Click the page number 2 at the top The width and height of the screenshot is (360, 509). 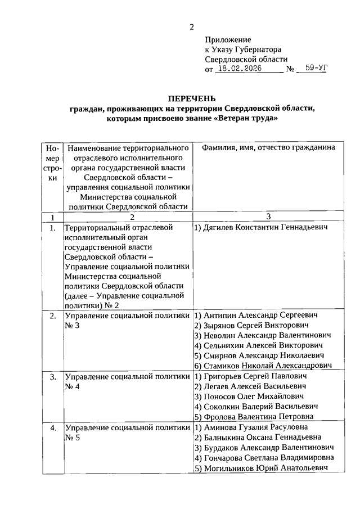[x=191, y=26]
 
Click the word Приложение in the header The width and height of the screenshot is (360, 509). [x=228, y=40]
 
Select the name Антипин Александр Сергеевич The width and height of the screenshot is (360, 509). [x=256, y=316]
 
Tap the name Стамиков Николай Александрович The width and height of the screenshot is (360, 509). [x=262, y=366]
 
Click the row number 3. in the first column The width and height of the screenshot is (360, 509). [x=52, y=376]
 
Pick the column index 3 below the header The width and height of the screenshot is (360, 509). [x=268, y=217]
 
